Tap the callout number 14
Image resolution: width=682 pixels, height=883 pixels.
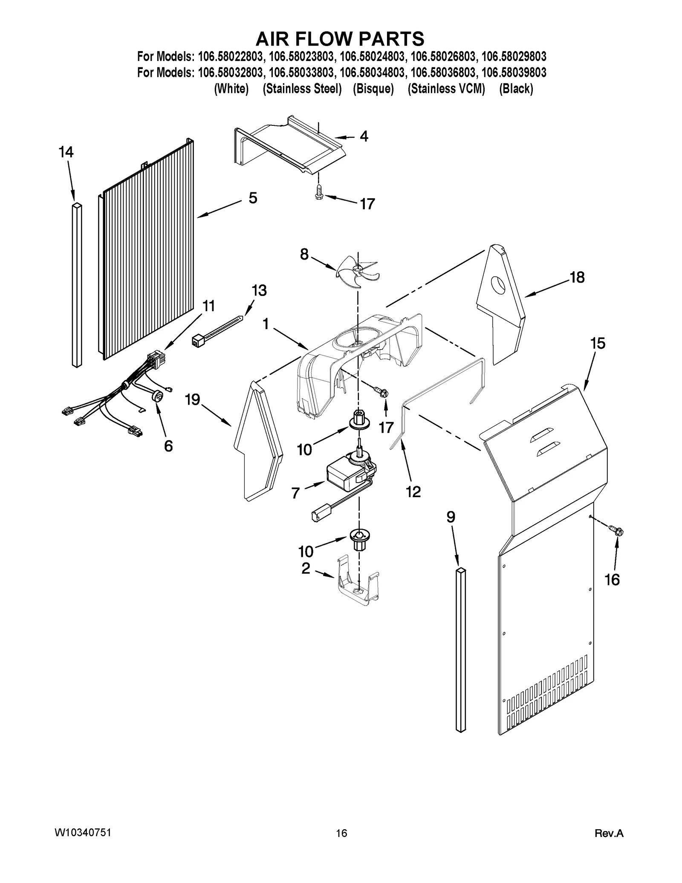coord(66,152)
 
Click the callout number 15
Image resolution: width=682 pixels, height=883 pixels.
coord(598,343)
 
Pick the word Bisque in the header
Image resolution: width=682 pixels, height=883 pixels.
coord(373,89)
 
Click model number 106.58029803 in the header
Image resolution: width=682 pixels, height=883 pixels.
coord(514,56)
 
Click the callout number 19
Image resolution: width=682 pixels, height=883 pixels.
coord(192,400)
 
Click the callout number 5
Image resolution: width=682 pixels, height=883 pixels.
coord(253,198)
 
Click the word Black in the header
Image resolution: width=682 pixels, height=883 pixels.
coord(516,89)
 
